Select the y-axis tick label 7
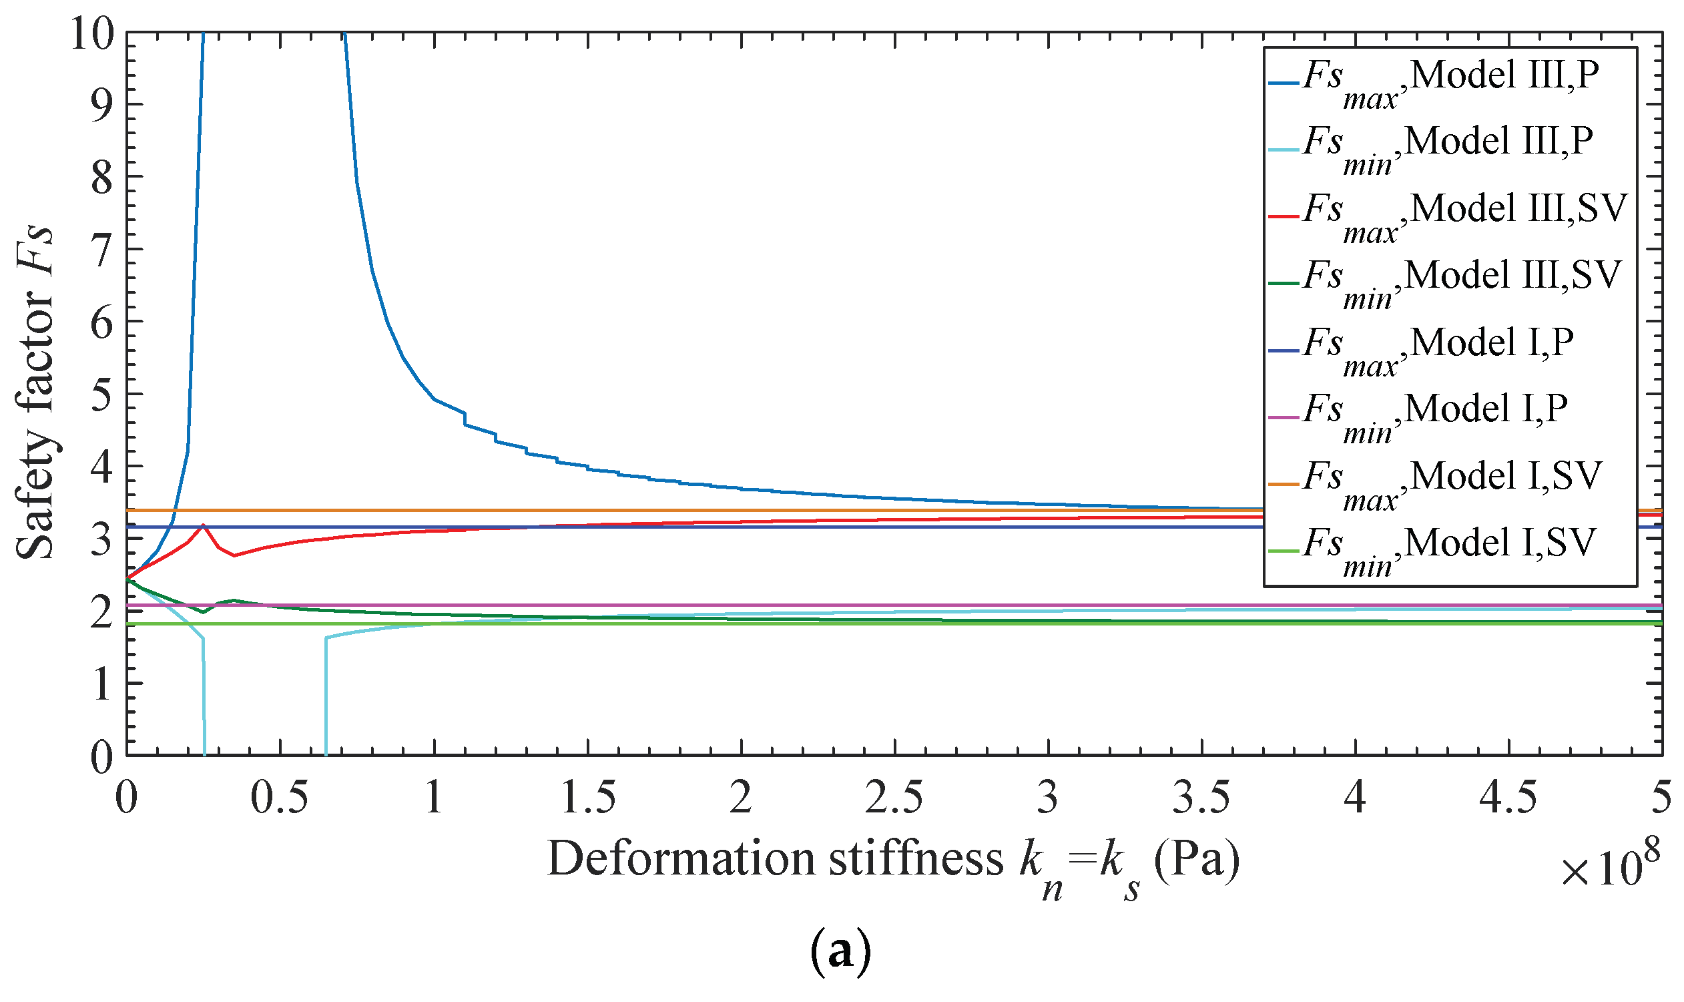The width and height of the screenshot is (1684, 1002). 101,248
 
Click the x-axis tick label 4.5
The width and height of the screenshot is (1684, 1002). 1507,798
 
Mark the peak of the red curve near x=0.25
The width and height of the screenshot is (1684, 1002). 202,525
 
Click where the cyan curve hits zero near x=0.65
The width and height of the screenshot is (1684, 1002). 326,754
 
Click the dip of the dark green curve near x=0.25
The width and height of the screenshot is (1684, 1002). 202,612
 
